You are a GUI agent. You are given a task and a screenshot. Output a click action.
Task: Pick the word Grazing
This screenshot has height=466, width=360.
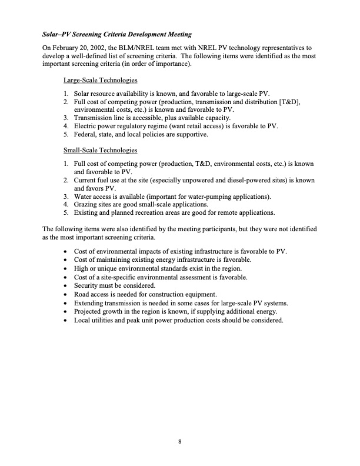pos(86,204)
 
